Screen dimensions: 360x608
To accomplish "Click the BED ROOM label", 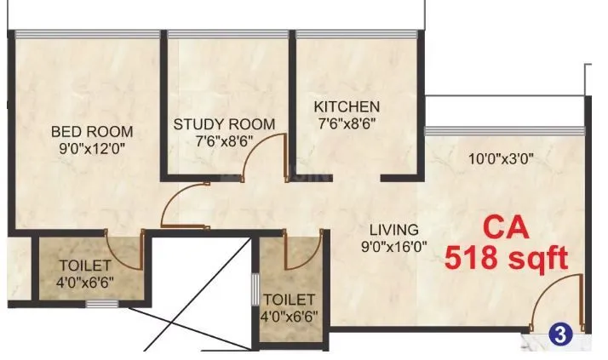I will [92, 131].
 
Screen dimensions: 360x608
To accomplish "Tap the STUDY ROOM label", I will [224, 124].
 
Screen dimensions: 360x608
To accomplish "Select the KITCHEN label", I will [347, 106].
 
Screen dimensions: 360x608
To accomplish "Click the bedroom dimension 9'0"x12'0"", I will [92, 147].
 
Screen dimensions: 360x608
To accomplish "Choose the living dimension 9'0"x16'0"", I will [393, 247].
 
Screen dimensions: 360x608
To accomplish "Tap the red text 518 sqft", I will [506, 258].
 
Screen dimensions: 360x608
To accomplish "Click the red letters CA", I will [506, 228].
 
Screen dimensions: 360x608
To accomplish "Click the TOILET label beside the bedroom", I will [77, 263].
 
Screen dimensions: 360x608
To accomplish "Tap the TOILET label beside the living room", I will [290, 300].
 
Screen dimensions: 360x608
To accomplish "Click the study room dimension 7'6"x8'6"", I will [224, 140].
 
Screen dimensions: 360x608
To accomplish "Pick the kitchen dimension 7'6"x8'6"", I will [347, 123].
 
